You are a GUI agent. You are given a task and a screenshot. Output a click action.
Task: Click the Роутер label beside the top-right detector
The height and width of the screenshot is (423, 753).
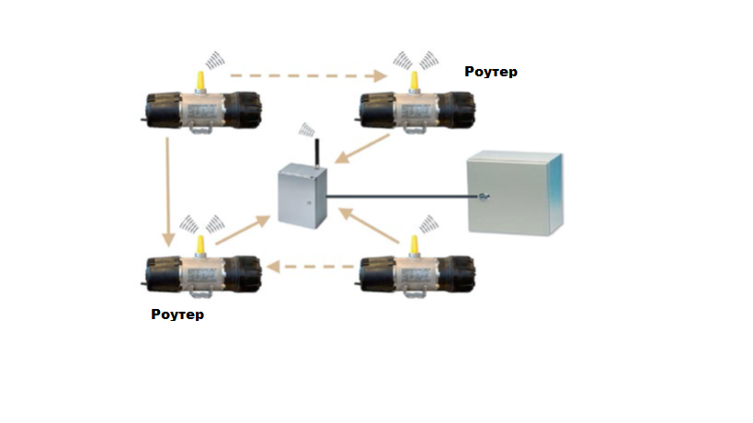click(x=490, y=71)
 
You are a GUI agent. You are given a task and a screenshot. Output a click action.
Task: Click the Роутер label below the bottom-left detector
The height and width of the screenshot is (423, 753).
click(x=177, y=314)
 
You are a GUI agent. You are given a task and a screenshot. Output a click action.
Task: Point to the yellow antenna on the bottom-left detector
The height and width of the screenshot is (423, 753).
click(x=199, y=245)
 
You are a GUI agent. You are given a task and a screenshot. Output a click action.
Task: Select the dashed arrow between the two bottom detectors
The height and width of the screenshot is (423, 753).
click(x=308, y=268)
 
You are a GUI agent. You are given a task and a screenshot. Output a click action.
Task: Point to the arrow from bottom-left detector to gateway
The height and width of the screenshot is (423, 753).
click(x=243, y=230)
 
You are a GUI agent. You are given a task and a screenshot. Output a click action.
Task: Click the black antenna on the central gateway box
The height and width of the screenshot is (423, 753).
click(x=314, y=153)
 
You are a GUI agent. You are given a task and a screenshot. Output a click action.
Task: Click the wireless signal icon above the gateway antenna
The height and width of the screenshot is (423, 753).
click(x=306, y=131)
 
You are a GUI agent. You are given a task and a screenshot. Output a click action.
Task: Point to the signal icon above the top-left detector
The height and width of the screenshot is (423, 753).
click(x=214, y=60)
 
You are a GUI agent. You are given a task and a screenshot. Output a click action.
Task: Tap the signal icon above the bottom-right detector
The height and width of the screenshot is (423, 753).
click(x=428, y=223)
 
